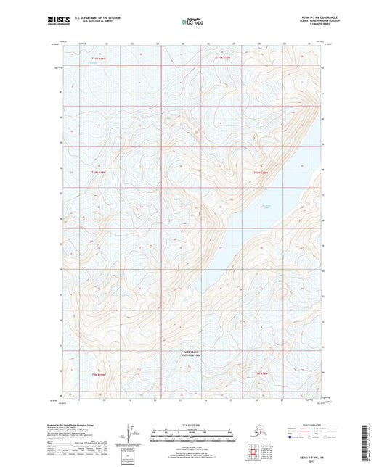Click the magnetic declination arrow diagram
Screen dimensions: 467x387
[129, 433]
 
